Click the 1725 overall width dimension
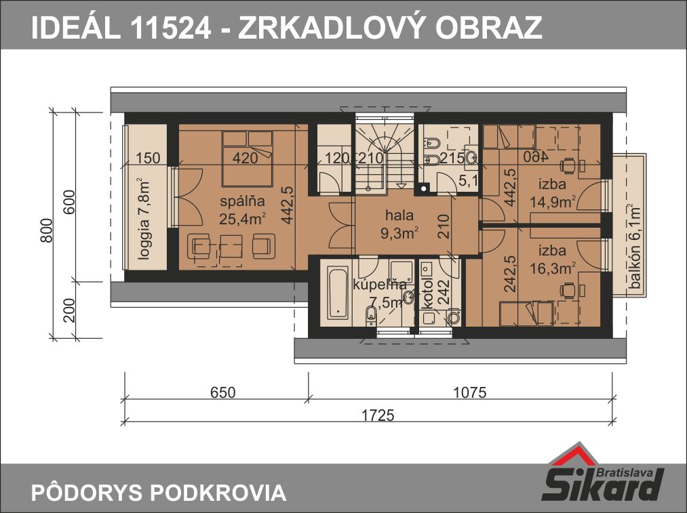[x=378, y=415]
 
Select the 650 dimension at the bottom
[x=223, y=392]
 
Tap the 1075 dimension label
[x=470, y=392]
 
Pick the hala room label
[x=399, y=215]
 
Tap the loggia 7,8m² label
[x=144, y=218]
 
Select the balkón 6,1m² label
[x=635, y=247]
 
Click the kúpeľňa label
[x=379, y=285]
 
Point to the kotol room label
[x=428, y=292]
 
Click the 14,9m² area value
[x=553, y=202]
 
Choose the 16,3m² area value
[x=553, y=268]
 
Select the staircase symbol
[x=385, y=154]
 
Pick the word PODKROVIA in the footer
[x=218, y=493]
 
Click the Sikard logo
[x=604, y=473]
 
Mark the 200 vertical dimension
[x=69, y=310]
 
